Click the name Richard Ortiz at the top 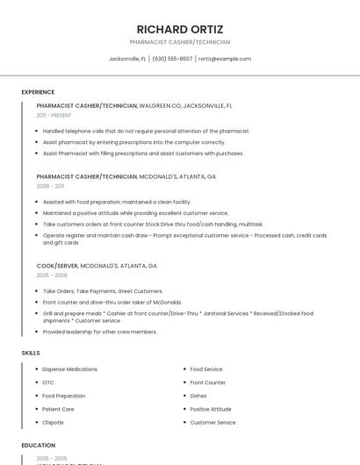pyautogui.click(x=180, y=29)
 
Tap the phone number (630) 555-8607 pyautogui.click(x=172, y=59)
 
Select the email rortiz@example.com pyautogui.click(x=225, y=59)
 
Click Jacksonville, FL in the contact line pyautogui.click(x=127, y=59)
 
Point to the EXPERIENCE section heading pyautogui.click(x=38, y=92)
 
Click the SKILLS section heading pyautogui.click(x=31, y=353)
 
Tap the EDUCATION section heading pyautogui.click(x=39, y=446)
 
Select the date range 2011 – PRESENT pyautogui.click(x=54, y=115)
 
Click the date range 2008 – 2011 pyautogui.click(x=50, y=186)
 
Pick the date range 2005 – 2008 pyautogui.click(x=52, y=275)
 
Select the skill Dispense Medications pyautogui.click(x=69, y=369)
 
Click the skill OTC pyautogui.click(x=48, y=383)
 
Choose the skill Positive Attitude pyautogui.click(x=211, y=409)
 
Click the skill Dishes pyautogui.click(x=198, y=396)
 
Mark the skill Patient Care pyautogui.click(x=58, y=409)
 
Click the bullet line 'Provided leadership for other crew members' pyautogui.click(x=100, y=332)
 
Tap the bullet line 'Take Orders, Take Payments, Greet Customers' pyautogui.click(x=103, y=291)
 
